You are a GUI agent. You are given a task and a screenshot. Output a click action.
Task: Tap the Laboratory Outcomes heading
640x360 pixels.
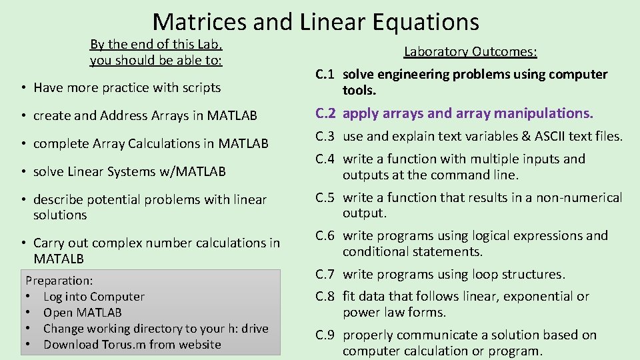471,51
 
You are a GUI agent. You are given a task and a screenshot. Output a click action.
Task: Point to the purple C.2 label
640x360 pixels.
326,113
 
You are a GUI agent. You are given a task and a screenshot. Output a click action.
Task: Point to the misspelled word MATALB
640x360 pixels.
59,259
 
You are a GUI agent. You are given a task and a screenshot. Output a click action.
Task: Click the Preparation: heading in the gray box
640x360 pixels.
59,281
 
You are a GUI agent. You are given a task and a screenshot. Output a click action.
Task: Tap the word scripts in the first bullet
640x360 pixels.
199,87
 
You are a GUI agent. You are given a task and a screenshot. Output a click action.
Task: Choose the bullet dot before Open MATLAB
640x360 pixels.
29,313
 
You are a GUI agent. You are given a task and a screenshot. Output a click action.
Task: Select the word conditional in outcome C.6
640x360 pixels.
377,251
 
